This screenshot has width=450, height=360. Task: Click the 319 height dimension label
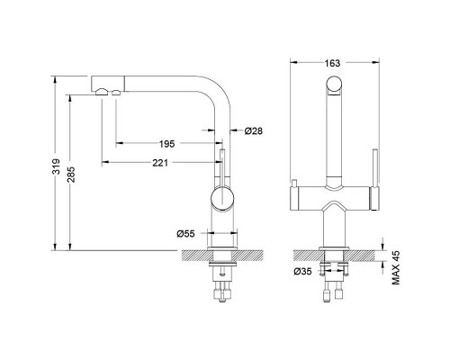pos(56,167)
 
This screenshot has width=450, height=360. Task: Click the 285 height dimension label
pos(71,175)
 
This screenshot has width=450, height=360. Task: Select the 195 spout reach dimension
pos(166,144)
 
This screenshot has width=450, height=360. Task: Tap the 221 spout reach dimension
pos(160,163)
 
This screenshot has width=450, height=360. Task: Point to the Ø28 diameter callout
pos(253,131)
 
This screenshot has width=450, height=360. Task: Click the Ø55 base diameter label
pos(185,234)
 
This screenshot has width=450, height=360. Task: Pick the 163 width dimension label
pos(332,63)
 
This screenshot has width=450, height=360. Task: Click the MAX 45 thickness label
pos(396,267)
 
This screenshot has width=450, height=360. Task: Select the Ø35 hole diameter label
pos(302,272)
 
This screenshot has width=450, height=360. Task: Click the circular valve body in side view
pos(222,198)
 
